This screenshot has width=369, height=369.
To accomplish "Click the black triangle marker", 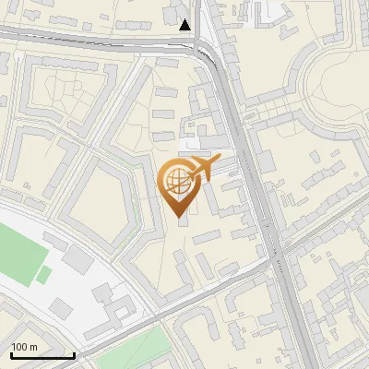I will [185, 25].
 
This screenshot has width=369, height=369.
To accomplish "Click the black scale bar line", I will [42, 355].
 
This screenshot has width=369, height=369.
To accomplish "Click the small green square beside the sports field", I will [43, 274].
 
